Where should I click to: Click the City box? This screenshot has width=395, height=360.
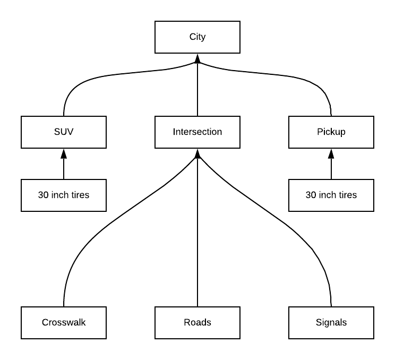(x=197, y=37)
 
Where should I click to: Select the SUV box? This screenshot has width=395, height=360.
(x=63, y=132)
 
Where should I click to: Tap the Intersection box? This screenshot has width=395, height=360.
(x=197, y=132)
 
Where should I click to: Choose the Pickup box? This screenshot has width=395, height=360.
(x=331, y=132)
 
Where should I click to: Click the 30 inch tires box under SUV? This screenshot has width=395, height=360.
(x=63, y=195)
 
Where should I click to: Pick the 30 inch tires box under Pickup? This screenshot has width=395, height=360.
(x=331, y=195)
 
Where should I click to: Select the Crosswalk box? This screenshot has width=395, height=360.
(x=63, y=322)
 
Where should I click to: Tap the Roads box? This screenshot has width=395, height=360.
(x=197, y=322)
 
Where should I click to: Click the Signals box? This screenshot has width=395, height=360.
(x=331, y=322)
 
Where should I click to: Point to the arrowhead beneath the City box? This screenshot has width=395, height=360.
(x=197, y=58)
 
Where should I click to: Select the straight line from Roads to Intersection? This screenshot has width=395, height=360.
(x=197, y=239)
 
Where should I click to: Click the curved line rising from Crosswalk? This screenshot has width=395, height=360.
(x=96, y=234)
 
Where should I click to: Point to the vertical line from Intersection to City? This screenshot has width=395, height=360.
(x=197, y=90)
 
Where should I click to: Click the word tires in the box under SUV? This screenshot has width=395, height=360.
(x=80, y=195)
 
